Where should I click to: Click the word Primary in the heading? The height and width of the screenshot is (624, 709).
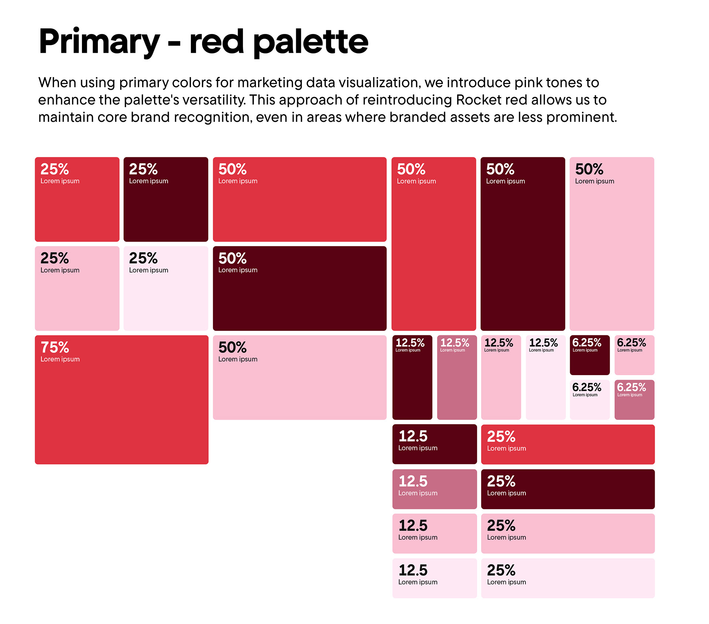99,42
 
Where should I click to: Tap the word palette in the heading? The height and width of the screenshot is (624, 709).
311,42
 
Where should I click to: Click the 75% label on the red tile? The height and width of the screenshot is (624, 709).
55,347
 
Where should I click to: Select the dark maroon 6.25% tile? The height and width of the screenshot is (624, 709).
589,355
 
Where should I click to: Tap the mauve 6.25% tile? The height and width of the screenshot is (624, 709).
634,400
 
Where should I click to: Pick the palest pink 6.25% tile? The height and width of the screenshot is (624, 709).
589,400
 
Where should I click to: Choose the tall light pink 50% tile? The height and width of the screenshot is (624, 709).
612,244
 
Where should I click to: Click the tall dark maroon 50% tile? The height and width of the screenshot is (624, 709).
523,244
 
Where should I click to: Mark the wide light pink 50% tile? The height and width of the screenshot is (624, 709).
299,377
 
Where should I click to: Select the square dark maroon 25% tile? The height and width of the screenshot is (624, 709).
166,199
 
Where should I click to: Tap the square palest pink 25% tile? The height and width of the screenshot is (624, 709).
166,288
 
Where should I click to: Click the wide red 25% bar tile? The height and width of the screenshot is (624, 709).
568,444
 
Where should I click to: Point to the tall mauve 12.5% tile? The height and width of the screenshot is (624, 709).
457,377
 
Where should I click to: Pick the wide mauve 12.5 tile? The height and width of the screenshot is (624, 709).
434,489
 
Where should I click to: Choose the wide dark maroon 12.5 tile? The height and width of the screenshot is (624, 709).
434,444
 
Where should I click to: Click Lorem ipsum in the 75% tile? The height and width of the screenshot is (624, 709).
60,359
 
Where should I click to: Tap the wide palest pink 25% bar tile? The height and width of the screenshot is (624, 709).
568,578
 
